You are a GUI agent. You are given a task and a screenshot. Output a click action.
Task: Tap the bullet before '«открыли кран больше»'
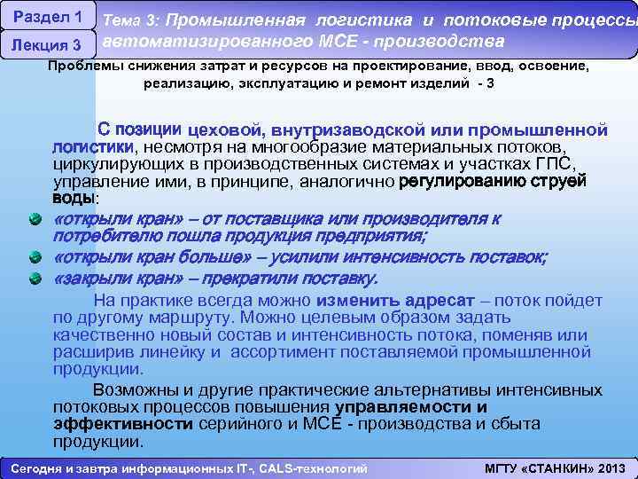(34, 257)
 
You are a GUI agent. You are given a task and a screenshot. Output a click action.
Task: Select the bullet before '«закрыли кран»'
(34, 279)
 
